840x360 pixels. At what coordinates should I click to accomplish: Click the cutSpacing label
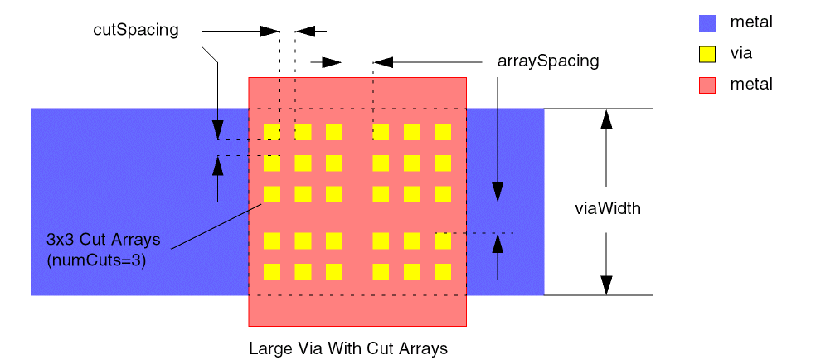click(136, 31)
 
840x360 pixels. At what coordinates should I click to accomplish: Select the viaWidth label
click(608, 208)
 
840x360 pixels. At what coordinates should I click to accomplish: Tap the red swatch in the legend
click(707, 85)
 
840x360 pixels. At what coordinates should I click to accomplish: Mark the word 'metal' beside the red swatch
click(751, 84)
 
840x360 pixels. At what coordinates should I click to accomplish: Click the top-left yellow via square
click(271, 132)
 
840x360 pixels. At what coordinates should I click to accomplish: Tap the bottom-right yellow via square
click(443, 271)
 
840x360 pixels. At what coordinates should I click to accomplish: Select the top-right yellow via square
click(443, 132)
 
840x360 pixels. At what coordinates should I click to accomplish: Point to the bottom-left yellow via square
click(271, 271)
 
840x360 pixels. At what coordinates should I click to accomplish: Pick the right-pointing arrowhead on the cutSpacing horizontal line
click(269, 32)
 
